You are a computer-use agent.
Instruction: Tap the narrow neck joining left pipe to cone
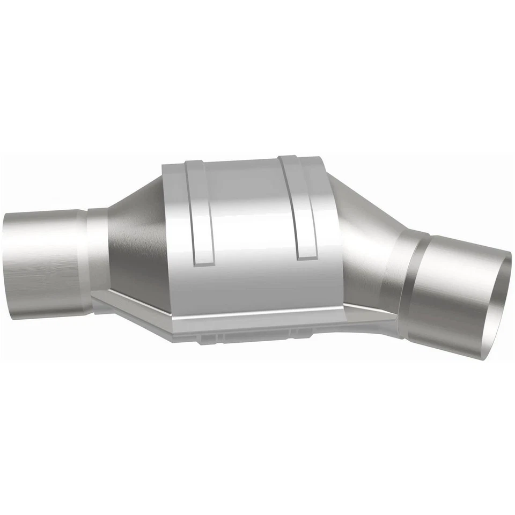coord(97,252)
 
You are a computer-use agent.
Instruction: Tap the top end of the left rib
coord(194,162)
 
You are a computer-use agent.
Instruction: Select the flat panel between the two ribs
coord(249,215)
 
